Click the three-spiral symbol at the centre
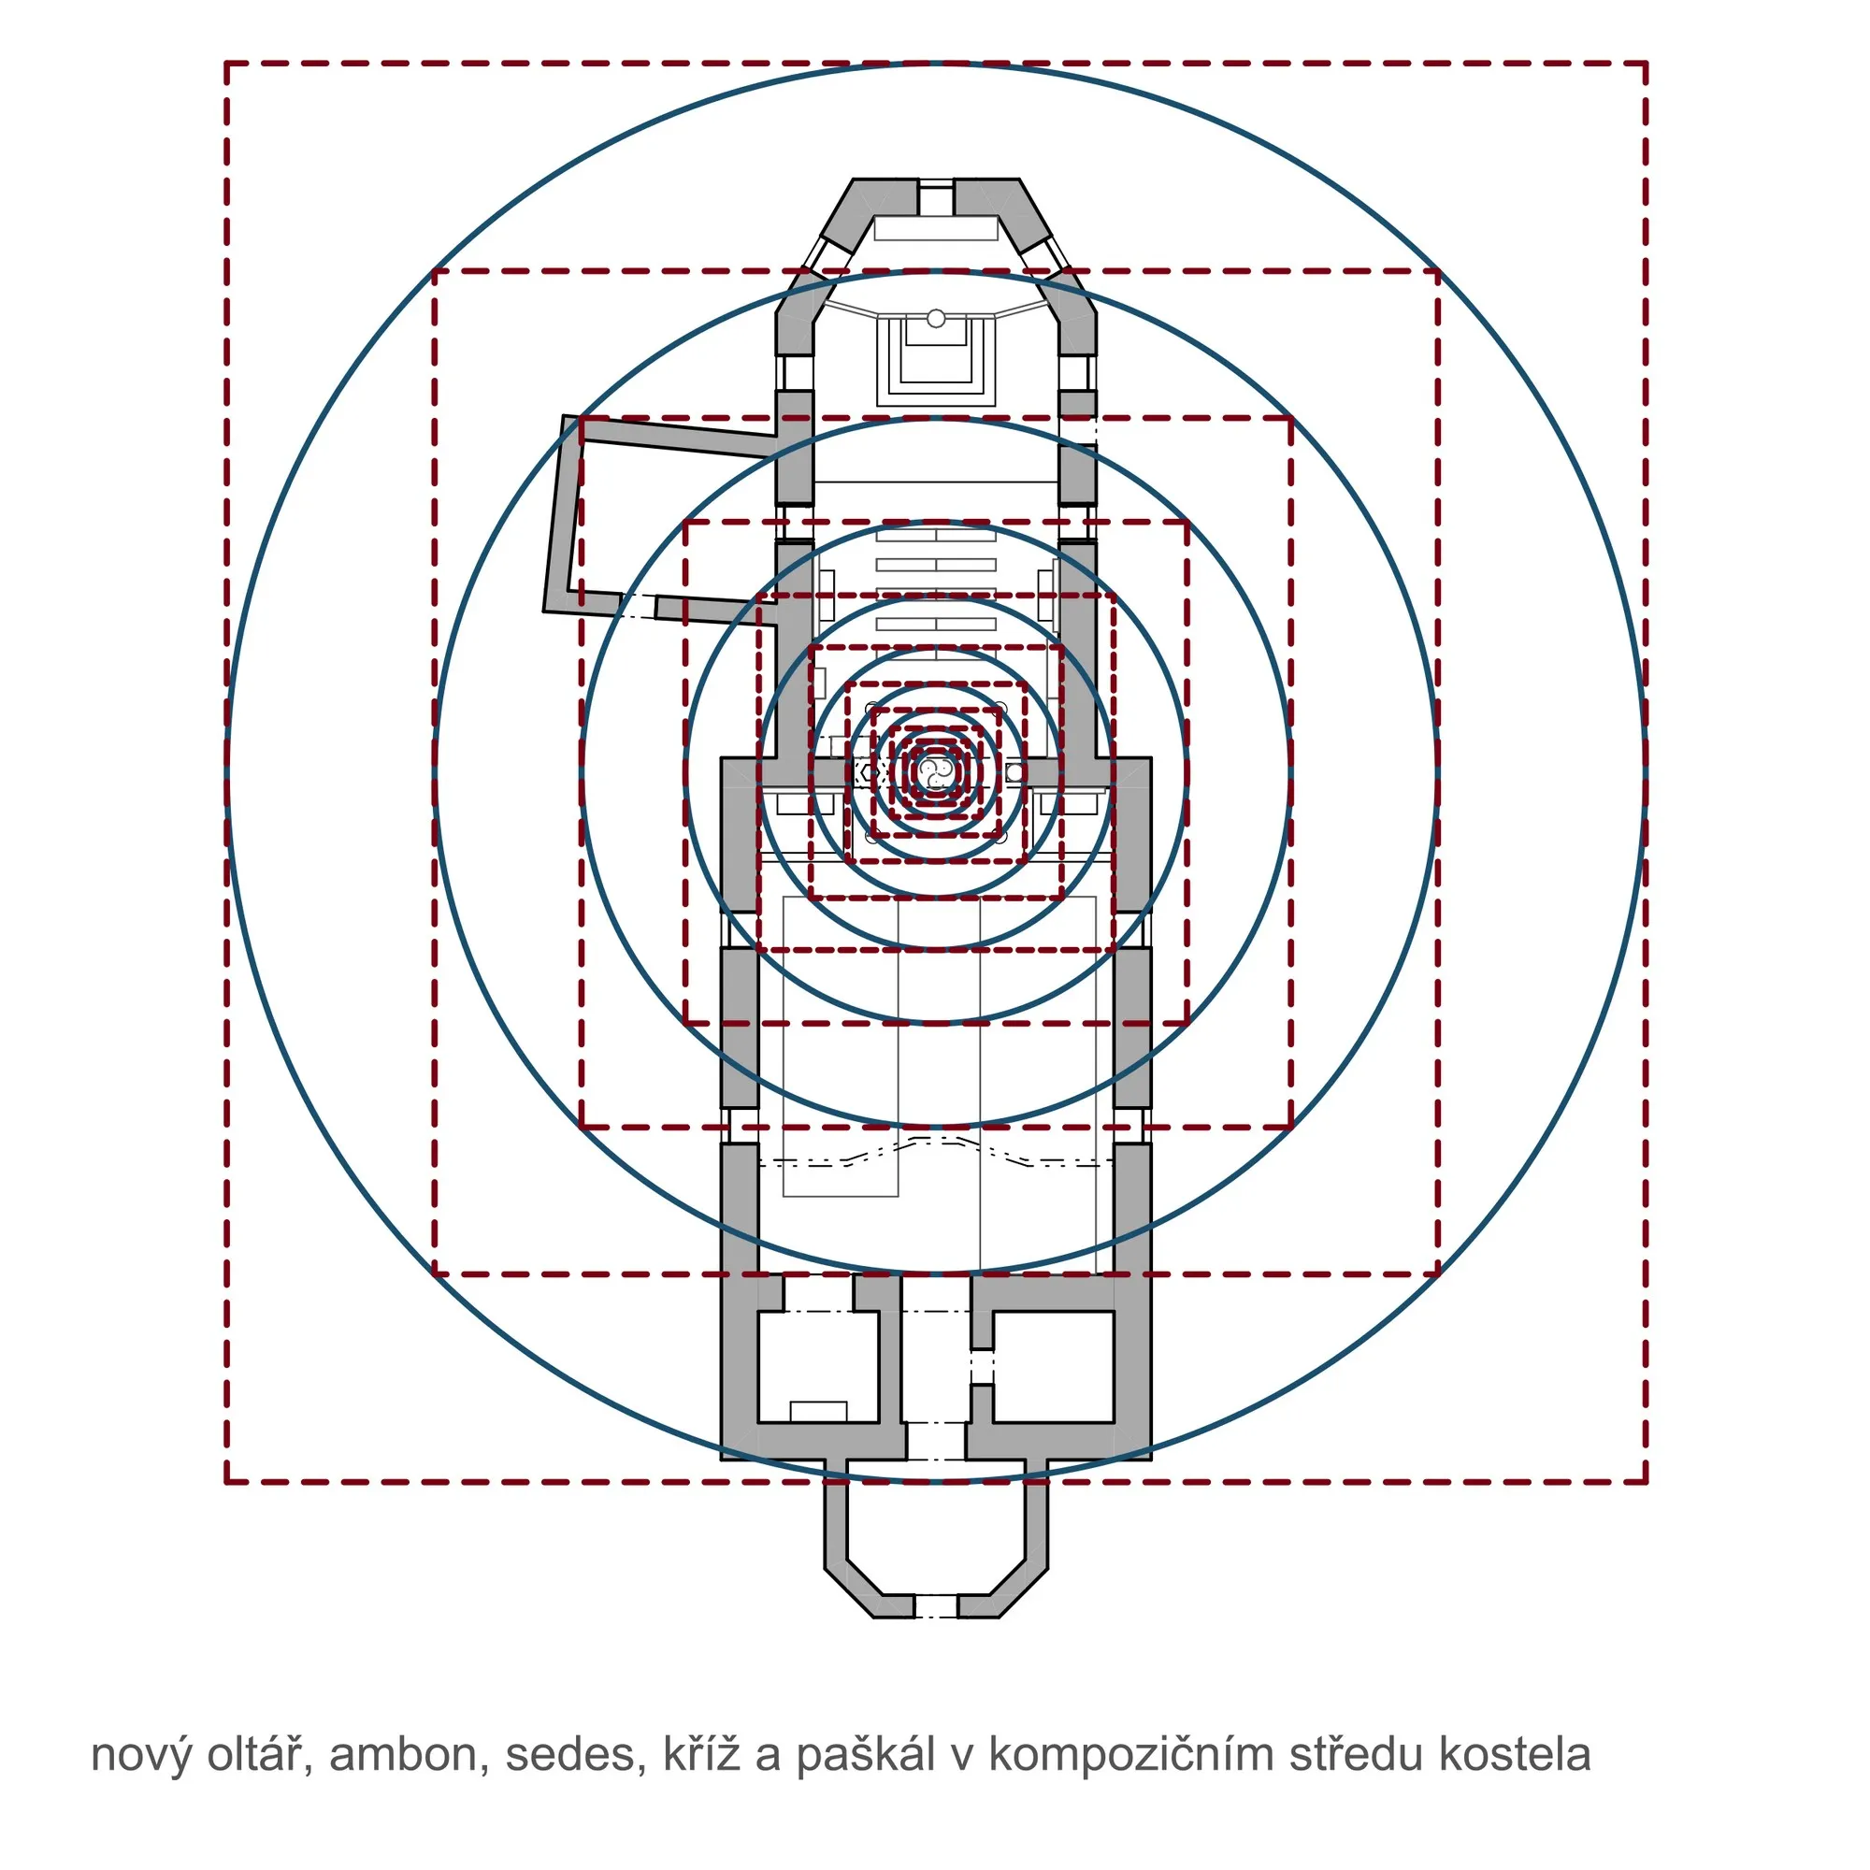tap(935, 771)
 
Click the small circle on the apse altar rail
tap(936, 319)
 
